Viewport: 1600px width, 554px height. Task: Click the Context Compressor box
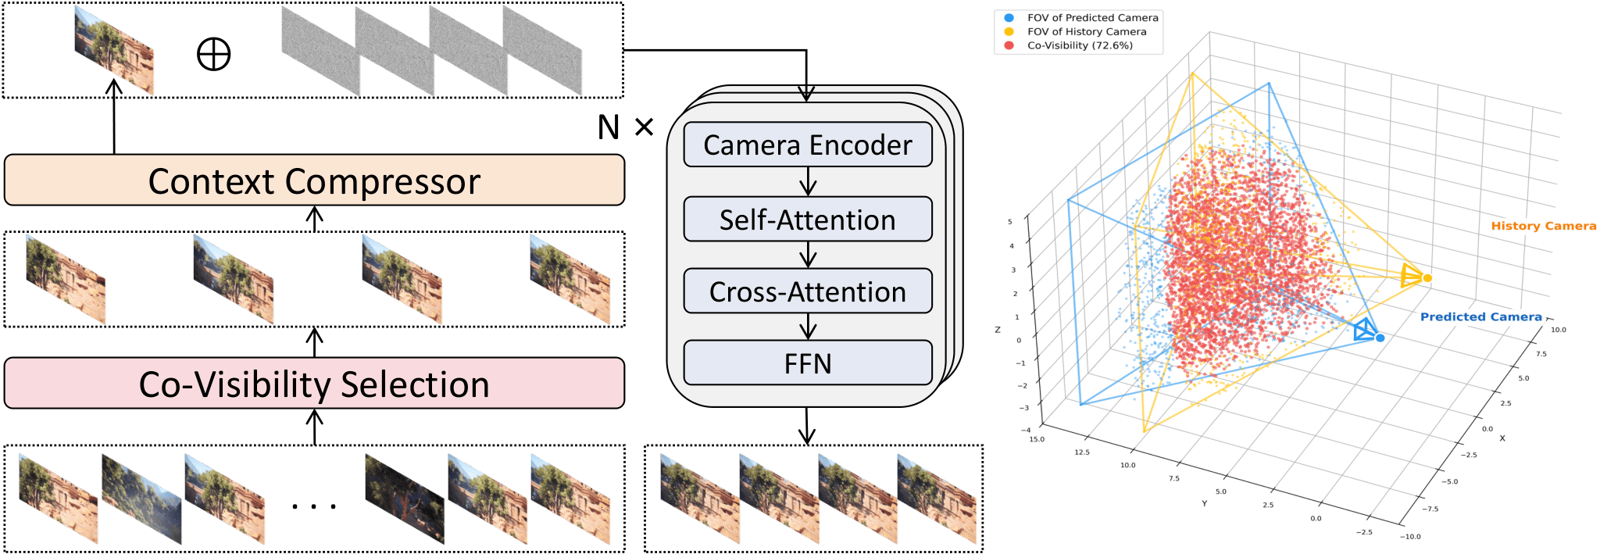tap(314, 180)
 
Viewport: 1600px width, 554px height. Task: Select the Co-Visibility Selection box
tap(314, 384)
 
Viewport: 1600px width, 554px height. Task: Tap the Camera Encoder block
tap(808, 145)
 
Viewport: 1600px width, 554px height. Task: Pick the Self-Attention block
tap(808, 220)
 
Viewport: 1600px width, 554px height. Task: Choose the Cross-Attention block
tap(808, 291)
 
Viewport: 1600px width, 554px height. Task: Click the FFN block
tap(808, 363)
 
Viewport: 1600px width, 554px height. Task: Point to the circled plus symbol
tap(213, 55)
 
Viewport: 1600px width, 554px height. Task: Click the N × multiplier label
tap(625, 127)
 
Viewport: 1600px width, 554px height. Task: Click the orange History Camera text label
tap(1544, 226)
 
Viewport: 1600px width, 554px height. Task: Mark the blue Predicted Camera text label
tap(1481, 316)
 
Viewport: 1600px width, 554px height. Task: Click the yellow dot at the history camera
tap(1427, 278)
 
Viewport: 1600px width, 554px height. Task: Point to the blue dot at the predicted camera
tap(1380, 338)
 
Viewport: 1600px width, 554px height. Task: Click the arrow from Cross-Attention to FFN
tap(808, 327)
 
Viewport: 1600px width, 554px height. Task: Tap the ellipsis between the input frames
tap(314, 506)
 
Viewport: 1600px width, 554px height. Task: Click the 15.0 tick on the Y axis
tap(1037, 439)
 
